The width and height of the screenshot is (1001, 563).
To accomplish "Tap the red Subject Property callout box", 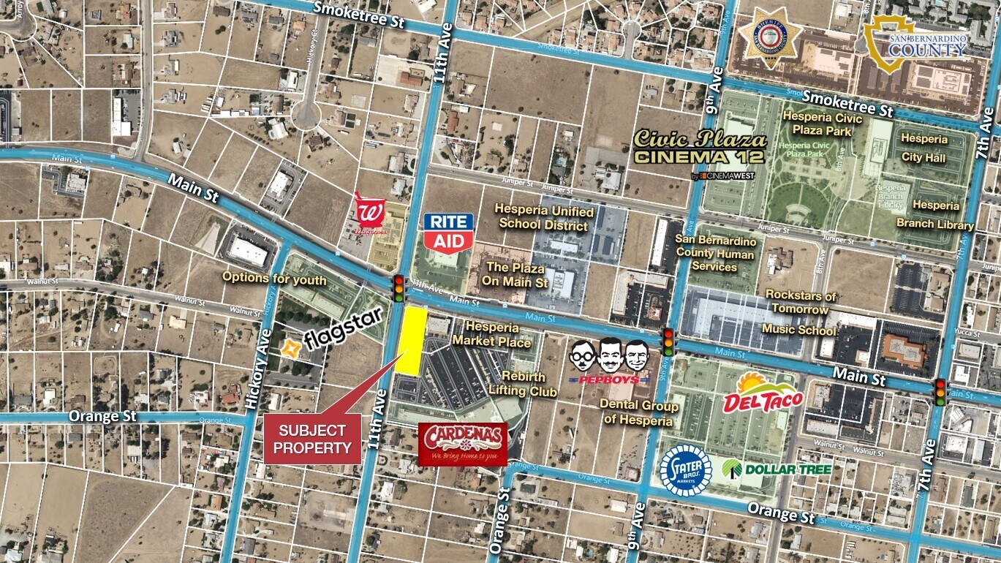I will tap(312, 438).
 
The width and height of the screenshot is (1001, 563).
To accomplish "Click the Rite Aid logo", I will tap(448, 232).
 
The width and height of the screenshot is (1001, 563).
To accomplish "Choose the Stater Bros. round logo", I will tap(685, 469).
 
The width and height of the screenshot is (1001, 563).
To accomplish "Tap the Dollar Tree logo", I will tap(777, 468).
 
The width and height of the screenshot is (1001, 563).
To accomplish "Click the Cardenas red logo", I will tap(463, 443).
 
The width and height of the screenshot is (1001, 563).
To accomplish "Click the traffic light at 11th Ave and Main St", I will tap(398, 288).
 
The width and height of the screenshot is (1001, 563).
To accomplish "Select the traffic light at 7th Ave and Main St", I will tap(940, 393).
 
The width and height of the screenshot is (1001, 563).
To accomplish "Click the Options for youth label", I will tap(274, 277).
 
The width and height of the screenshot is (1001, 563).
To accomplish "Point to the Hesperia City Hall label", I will tap(923, 148).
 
